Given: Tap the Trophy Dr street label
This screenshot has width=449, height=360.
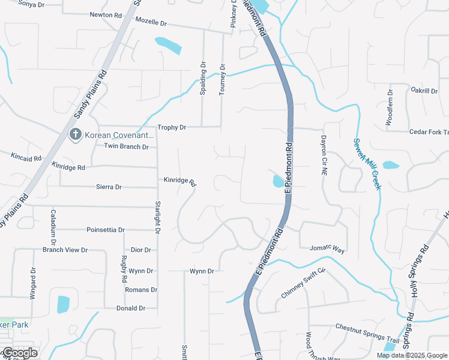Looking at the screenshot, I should coord(172,128).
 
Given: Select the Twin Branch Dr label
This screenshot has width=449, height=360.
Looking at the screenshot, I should coord(126,146).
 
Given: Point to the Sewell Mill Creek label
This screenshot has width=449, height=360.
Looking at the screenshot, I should coord(367,164).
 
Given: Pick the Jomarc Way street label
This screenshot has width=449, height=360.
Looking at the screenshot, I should coord(327,248).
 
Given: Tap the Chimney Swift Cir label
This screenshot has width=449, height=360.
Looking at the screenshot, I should coord(303,284).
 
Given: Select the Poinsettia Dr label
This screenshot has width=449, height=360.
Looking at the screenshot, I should coord(106,230).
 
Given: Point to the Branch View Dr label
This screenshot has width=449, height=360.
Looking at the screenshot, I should coord(65,250).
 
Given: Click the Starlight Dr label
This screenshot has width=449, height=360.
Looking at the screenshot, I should coord(158,217).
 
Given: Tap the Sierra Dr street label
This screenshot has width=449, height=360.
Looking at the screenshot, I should coord(109,187).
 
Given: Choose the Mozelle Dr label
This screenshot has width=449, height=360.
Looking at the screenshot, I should coord(151,22).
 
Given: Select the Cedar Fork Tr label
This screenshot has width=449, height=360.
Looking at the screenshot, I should coord(429,132).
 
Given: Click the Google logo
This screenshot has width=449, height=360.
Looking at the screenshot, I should coord(19,353).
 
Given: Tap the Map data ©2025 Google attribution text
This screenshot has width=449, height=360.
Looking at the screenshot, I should coord(411,355).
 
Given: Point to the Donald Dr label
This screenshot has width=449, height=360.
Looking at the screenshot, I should coord(131,308).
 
